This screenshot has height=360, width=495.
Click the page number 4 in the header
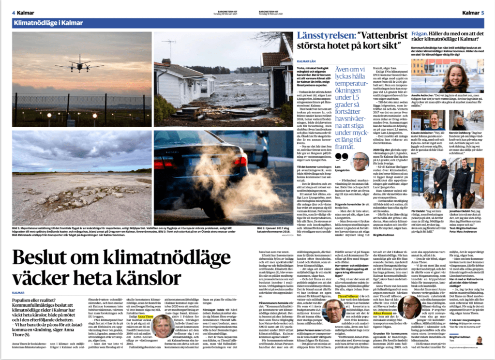(14, 13)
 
